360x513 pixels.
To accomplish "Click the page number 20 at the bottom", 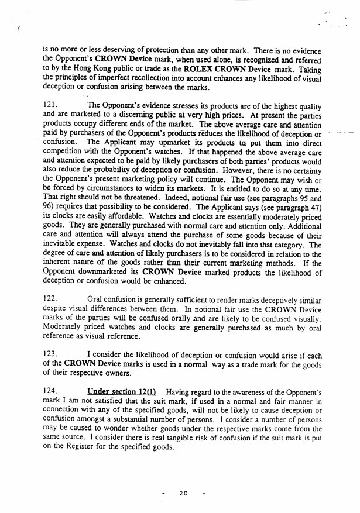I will click(183, 493).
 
